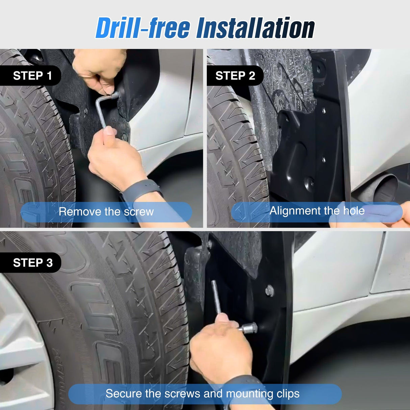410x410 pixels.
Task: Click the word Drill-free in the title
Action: [143, 28]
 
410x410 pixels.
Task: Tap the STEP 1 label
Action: [32, 76]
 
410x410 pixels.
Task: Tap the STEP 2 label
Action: [235, 76]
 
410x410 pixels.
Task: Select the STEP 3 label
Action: [33, 262]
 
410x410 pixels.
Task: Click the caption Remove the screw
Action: [106, 212]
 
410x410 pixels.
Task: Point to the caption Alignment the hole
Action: [317, 211]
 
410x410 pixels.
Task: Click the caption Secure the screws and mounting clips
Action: [203, 393]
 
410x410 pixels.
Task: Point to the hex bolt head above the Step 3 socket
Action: [270, 290]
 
